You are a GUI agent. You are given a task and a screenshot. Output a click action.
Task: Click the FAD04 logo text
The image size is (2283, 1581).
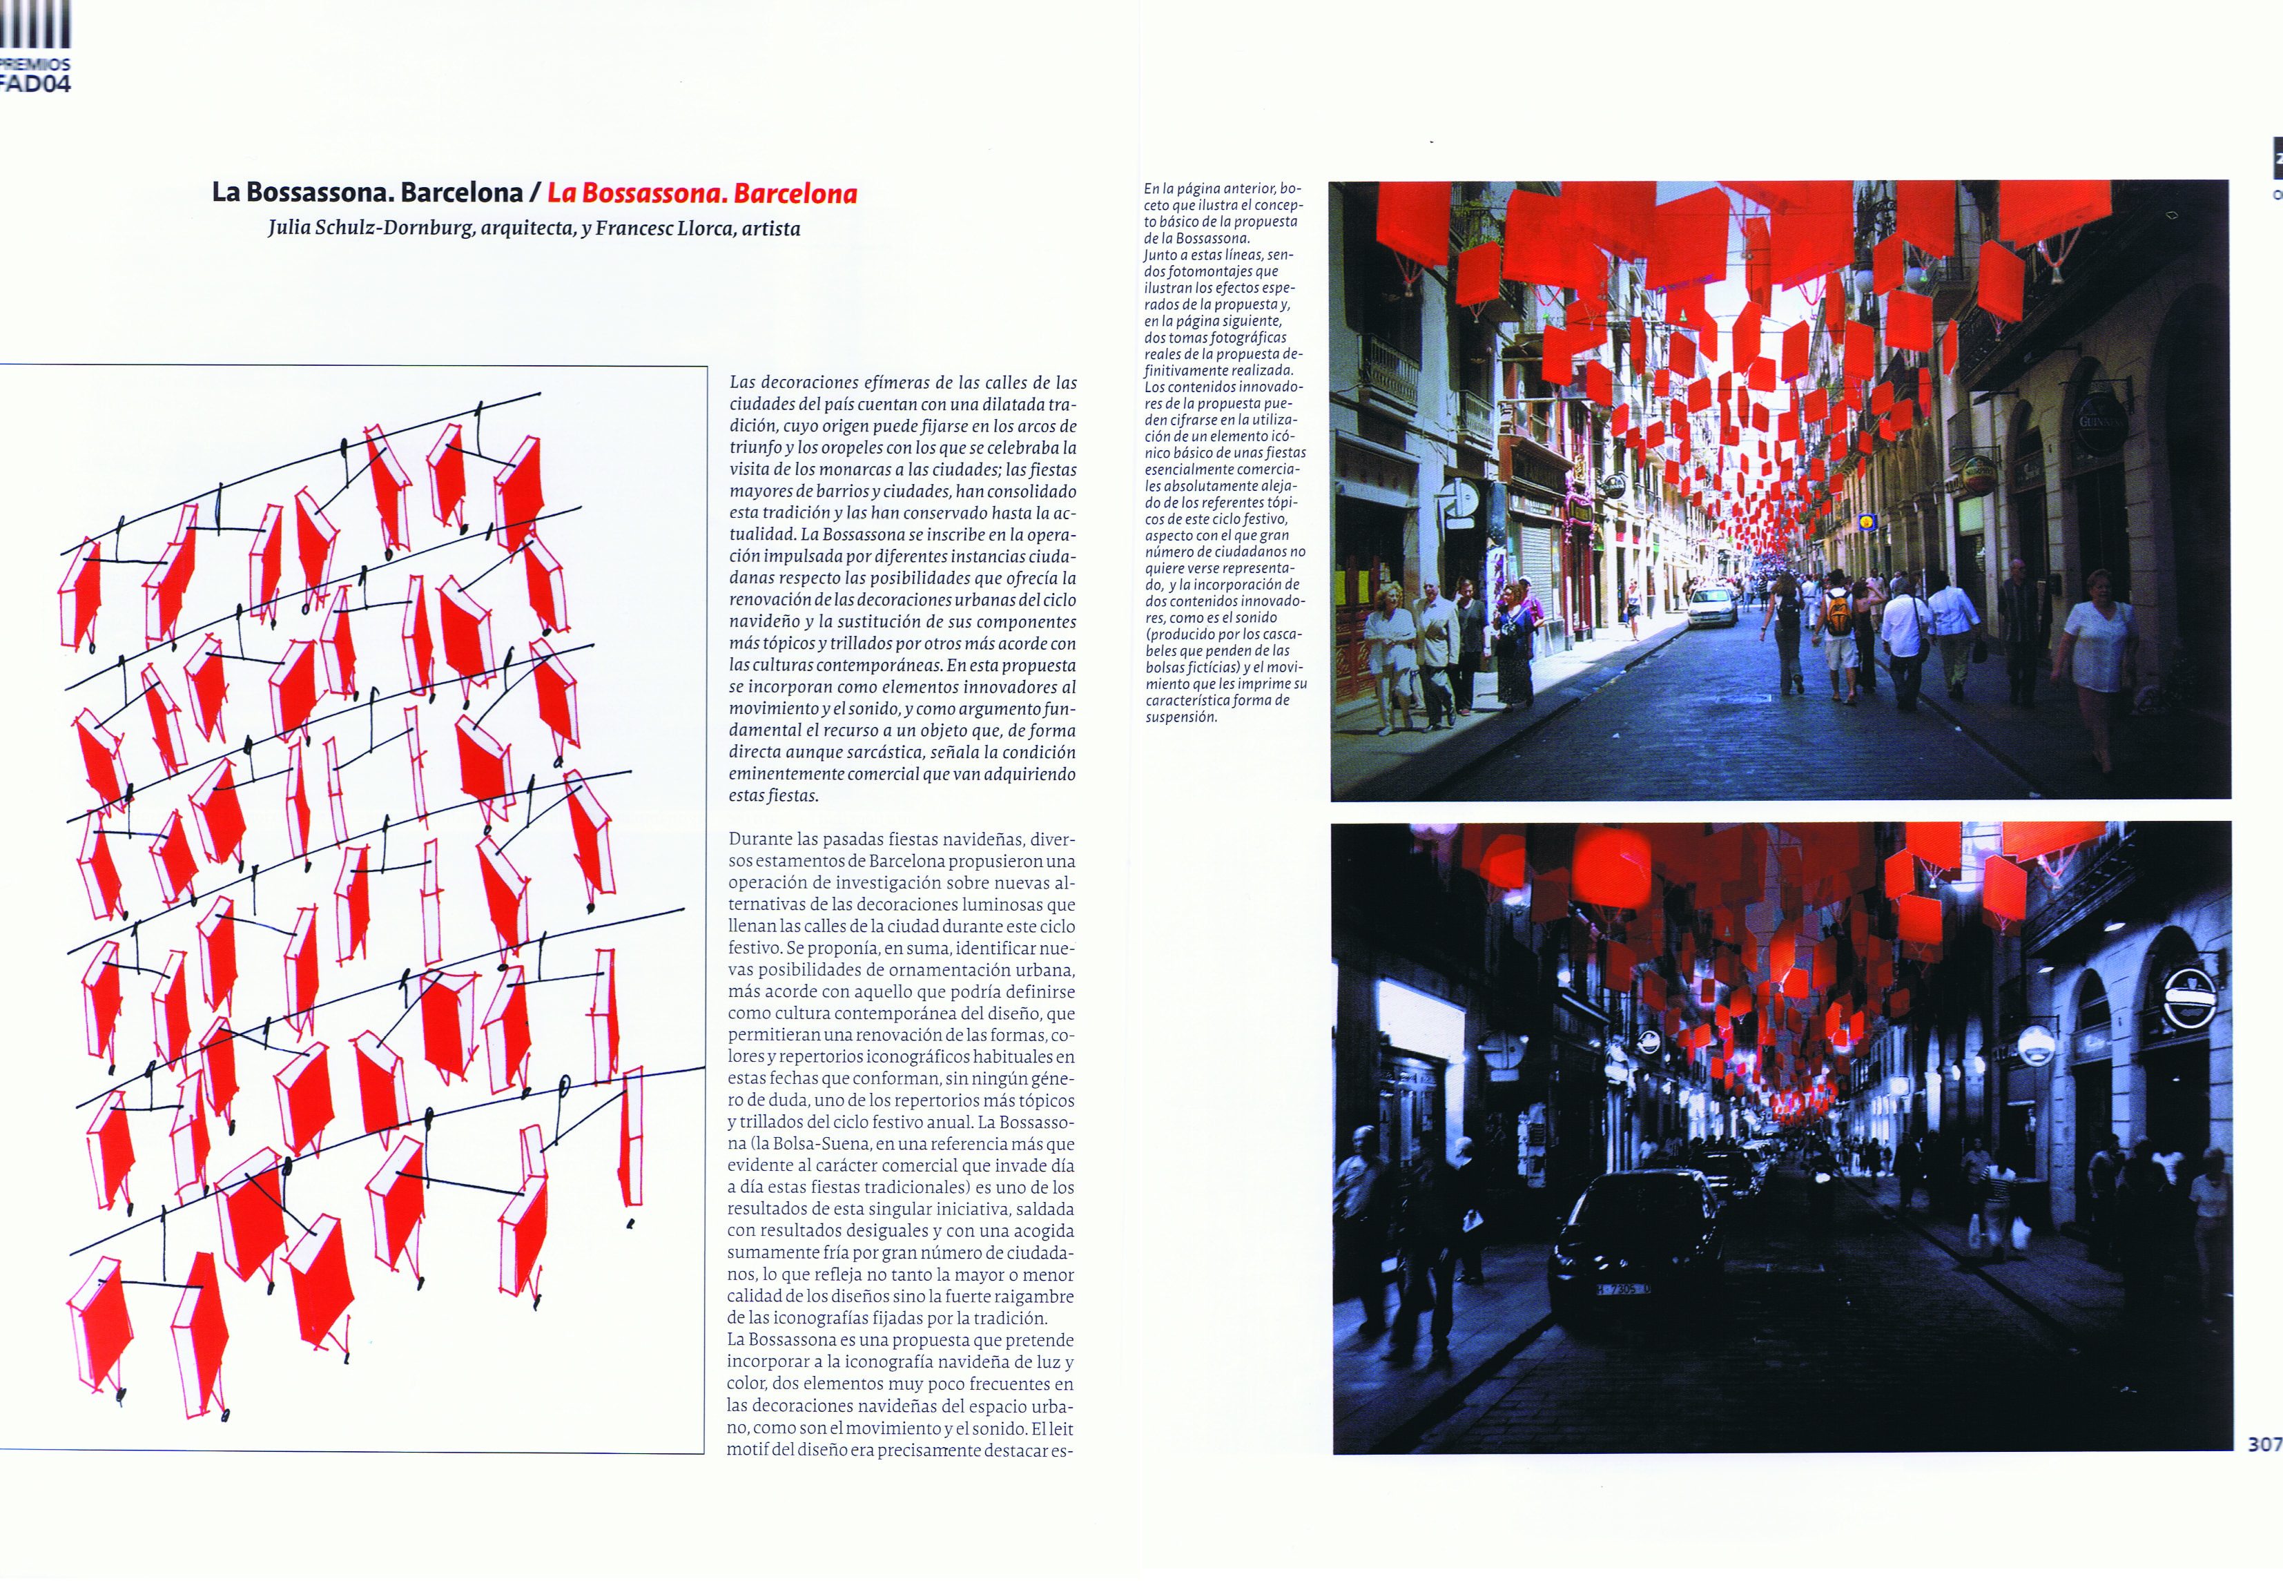(x=36, y=84)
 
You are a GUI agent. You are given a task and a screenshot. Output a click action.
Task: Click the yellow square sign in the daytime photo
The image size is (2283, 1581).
(x=1867, y=522)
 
